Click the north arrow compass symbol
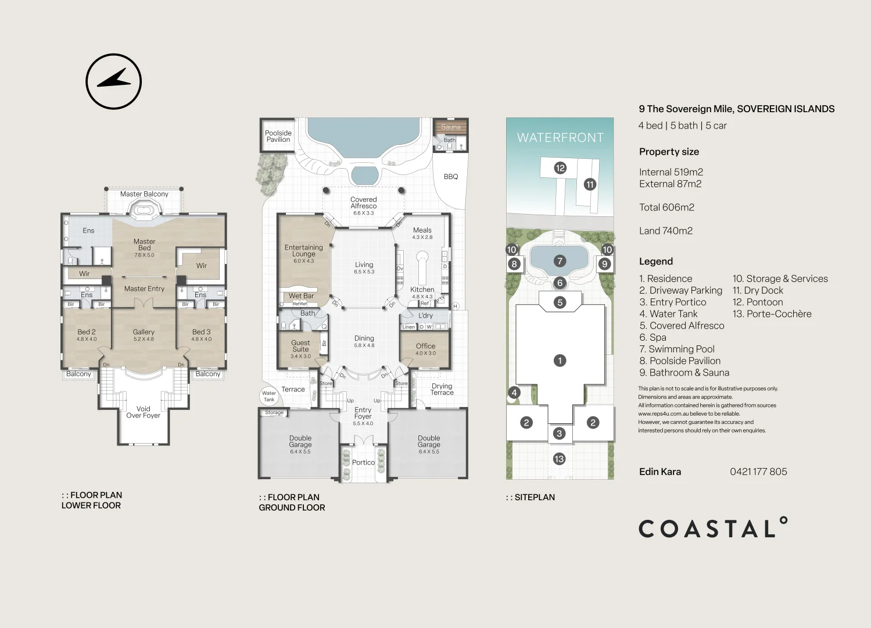click(114, 81)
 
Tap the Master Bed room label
click(144, 245)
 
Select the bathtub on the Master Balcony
click(143, 210)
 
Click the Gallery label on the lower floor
click(144, 332)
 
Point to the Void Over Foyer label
click(143, 412)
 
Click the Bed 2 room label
click(87, 332)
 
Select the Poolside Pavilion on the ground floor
click(278, 136)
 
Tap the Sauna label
click(450, 127)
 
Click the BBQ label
click(451, 177)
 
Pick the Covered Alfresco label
click(364, 203)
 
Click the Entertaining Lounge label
click(303, 251)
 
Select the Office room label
click(425, 346)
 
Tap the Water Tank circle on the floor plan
click(269, 397)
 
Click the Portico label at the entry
click(363, 463)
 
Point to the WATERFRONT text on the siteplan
click(560, 138)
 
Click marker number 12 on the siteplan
click(560, 168)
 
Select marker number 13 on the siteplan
click(559, 459)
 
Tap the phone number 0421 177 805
click(758, 472)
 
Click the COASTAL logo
click(713, 528)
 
